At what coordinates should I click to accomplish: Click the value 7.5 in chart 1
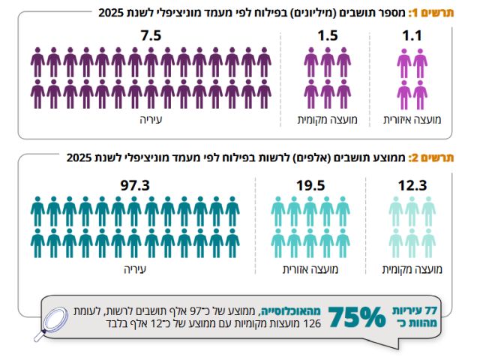point(151,35)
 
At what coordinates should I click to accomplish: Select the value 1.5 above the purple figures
point(328,35)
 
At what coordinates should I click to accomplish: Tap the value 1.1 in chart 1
point(412,35)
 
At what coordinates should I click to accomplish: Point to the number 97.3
point(135,185)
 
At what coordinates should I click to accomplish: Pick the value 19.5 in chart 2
point(310,185)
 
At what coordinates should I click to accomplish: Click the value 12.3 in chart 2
point(412,185)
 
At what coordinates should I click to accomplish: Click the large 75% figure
point(357,317)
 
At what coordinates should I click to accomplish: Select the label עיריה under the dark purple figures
point(151,120)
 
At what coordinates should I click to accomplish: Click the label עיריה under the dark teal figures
point(135,270)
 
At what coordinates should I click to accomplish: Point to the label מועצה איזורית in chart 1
point(412,120)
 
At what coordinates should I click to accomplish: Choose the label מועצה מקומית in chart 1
point(328,120)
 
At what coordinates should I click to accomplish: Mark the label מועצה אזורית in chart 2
point(310,270)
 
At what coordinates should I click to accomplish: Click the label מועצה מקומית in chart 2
point(412,270)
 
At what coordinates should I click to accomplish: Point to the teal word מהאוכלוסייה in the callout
point(290,312)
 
